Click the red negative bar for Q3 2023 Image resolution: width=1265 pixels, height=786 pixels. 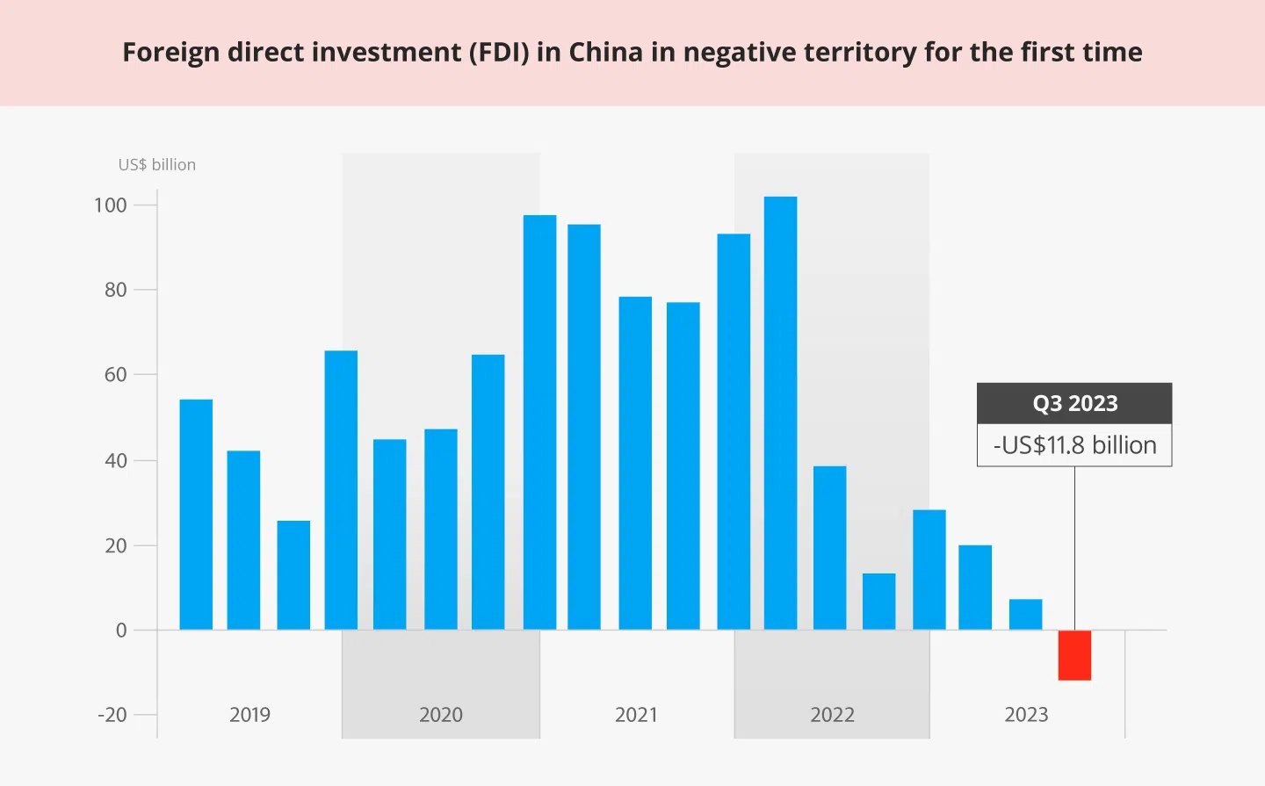click(x=1074, y=655)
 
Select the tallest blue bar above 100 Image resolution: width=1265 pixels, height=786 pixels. click(x=780, y=413)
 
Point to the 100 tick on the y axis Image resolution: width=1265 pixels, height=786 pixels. click(x=111, y=206)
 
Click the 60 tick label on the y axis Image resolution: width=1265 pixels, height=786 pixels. click(x=115, y=375)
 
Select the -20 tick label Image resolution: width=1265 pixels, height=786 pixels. click(x=112, y=715)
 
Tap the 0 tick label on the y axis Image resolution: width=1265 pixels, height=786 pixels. click(x=121, y=631)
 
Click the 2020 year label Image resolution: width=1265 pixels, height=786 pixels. click(x=440, y=715)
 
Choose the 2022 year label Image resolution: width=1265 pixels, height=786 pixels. click(x=832, y=715)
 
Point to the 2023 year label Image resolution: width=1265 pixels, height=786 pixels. click(x=1026, y=715)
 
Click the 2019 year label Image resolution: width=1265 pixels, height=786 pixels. click(x=249, y=715)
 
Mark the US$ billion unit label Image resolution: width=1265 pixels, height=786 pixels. click(x=157, y=165)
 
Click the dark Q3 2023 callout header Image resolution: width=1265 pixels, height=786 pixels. click(x=1074, y=404)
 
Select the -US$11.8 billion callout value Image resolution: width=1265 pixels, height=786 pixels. click(x=1074, y=445)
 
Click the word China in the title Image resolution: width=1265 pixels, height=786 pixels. click(x=606, y=53)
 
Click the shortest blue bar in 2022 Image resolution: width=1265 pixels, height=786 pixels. click(x=878, y=602)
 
